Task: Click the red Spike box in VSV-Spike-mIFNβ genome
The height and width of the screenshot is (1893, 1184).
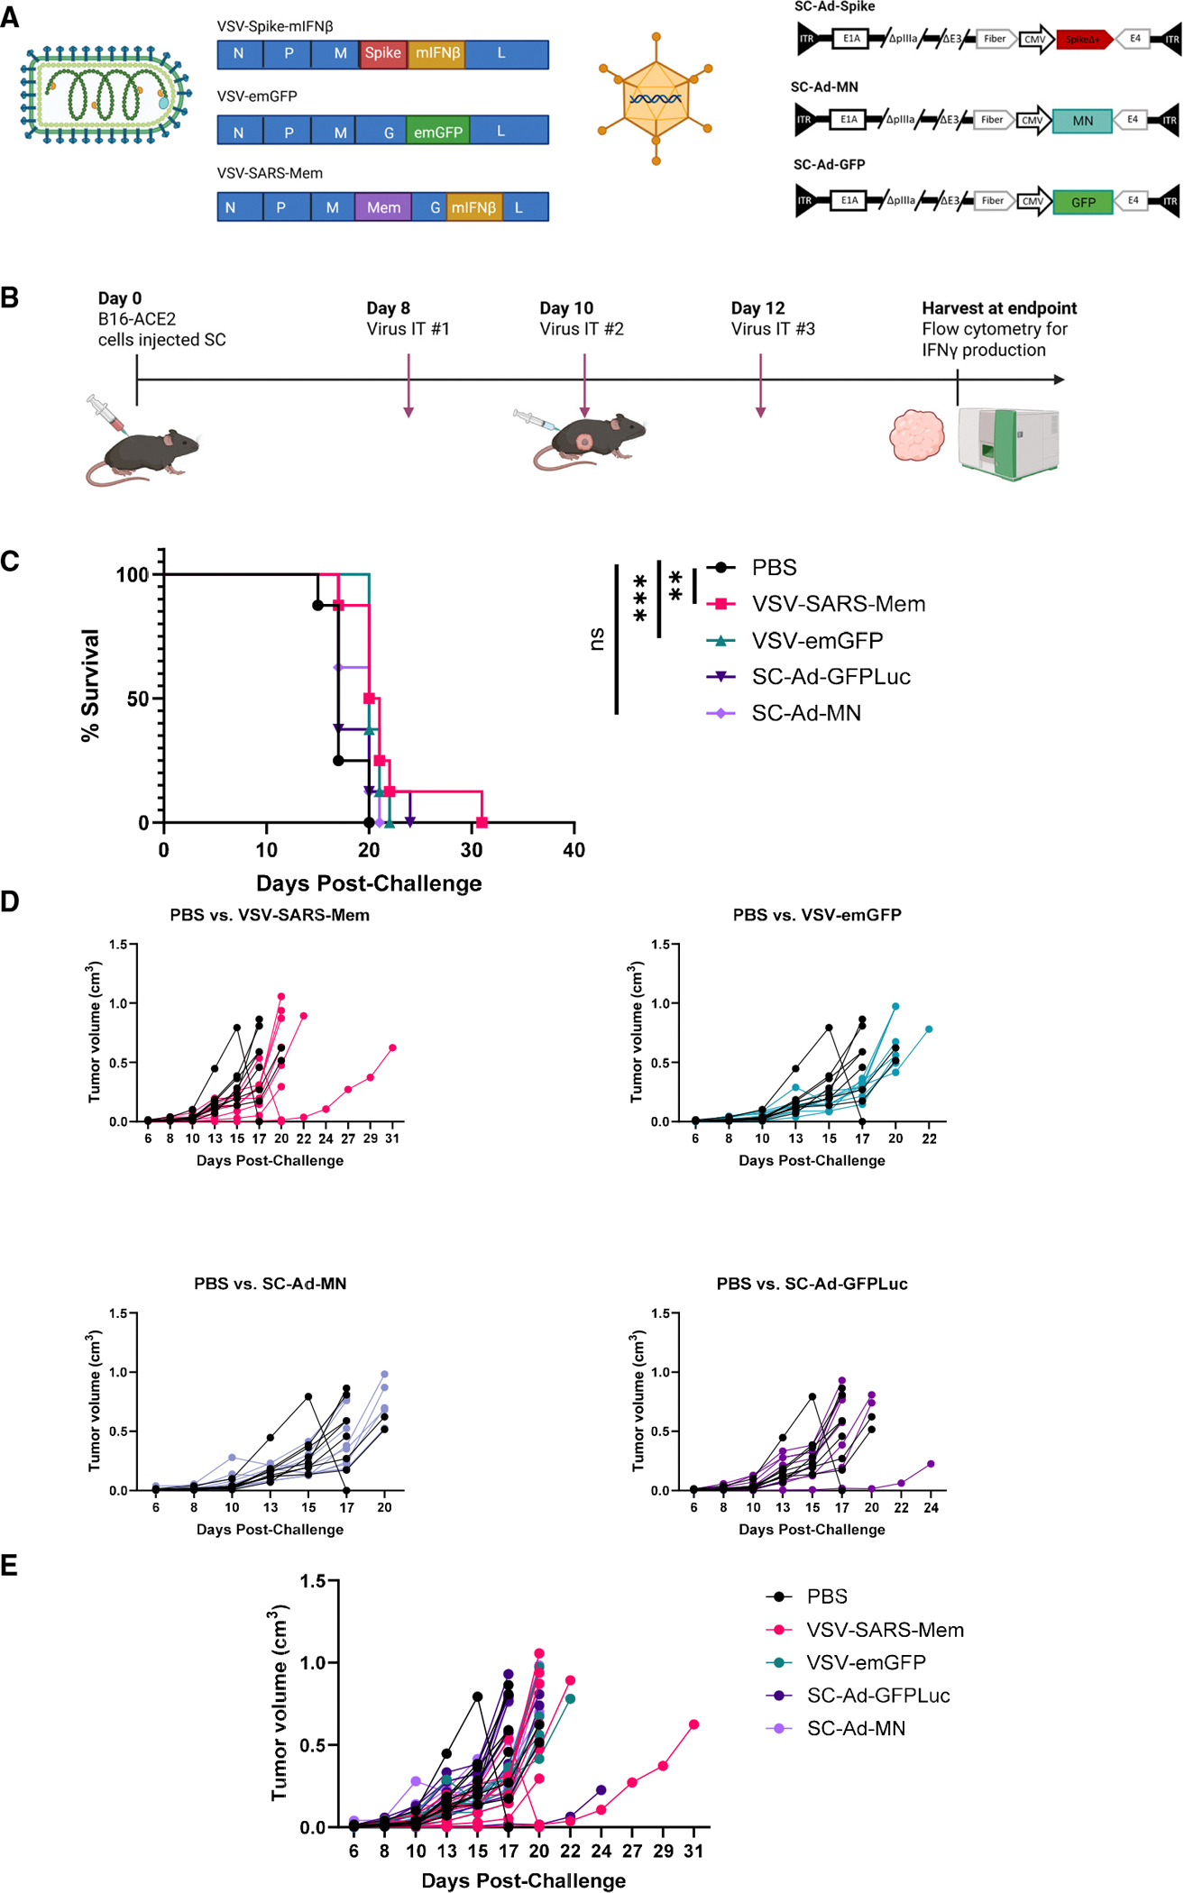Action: tap(383, 54)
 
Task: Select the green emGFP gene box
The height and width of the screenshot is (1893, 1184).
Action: tap(437, 132)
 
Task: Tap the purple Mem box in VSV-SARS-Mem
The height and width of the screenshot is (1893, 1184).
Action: tap(383, 207)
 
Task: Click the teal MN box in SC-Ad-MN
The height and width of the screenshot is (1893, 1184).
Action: tap(1082, 121)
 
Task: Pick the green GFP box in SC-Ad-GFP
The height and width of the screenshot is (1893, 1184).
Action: tap(1083, 202)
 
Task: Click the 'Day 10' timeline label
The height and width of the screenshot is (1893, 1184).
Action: tap(566, 308)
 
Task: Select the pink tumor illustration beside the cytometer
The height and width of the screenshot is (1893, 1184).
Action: tap(916, 434)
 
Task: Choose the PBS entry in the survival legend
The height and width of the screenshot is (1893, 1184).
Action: tap(774, 568)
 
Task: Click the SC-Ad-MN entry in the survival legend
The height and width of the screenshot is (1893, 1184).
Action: tap(805, 713)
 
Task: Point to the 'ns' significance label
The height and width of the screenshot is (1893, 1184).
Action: tap(596, 639)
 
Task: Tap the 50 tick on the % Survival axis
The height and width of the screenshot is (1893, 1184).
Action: tap(138, 699)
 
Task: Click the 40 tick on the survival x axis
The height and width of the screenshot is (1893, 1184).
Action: tap(574, 850)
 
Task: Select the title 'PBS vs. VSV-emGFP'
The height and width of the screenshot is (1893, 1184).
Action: tap(817, 915)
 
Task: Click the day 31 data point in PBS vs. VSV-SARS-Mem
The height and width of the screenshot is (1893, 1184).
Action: tap(392, 1047)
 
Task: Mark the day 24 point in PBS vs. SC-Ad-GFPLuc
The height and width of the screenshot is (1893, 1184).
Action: tap(931, 1464)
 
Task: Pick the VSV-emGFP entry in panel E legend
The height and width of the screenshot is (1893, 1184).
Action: tap(866, 1662)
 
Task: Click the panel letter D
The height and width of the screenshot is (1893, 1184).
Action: tap(10, 901)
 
